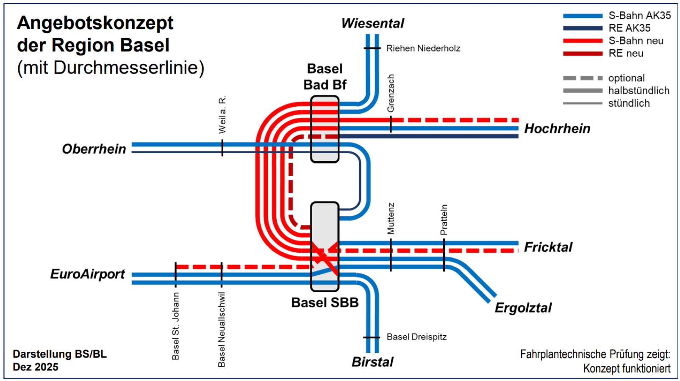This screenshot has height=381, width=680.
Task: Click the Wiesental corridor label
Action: tap(372, 23)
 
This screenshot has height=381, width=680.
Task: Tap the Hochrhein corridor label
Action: tap(557, 129)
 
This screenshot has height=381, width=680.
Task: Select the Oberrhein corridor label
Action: tap(94, 149)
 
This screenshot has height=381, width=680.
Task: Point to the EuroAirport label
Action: tap(88, 274)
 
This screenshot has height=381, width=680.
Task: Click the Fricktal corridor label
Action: tap(548, 247)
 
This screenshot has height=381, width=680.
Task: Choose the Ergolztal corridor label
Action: tap(523, 308)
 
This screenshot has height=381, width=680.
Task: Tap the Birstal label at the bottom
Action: tap(372, 362)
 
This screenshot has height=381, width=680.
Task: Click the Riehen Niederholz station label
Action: tap(423, 48)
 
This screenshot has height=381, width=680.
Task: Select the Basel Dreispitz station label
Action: tap(416, 337)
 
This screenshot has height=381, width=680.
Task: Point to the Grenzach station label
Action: tap(391, 93)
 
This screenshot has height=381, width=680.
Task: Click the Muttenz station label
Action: tap(391, 218)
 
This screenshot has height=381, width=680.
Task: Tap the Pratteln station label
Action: tap(444, 220)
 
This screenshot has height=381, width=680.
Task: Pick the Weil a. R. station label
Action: tap(222, 115)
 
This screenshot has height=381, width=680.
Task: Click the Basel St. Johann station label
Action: tap(176, 326)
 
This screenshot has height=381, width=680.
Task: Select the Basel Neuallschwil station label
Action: tap(222, 329)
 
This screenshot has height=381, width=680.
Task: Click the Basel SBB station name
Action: tap(325, 303)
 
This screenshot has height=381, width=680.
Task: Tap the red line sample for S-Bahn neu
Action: tap(583, 41)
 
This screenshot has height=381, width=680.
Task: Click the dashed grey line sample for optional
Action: tap(583, 78)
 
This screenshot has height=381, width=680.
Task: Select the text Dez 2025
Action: tap(36, 367)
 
